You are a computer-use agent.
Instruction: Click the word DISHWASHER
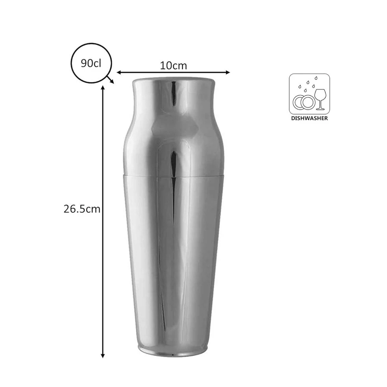[310, 117]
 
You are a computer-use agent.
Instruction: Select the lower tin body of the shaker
[173, 261]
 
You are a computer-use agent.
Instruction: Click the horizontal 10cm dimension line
[145, 73]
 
